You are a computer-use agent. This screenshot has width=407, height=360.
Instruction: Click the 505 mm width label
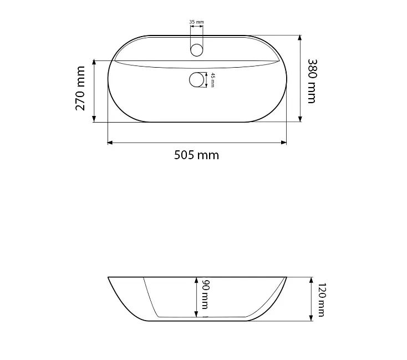pyautogui.click(x=196, y=155)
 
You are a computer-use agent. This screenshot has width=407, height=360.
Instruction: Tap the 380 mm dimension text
pyautogui.click(x=312, y=81)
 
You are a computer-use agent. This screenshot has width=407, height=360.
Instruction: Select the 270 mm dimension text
pyautogui.click(x=80, y=88)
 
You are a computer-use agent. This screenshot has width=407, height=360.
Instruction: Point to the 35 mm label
pyautogui.click(x=196, y=22)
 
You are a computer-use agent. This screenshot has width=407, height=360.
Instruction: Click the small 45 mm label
pyautogui.click(x=212, y=80)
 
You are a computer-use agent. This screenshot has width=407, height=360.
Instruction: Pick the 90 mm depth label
pyautogui.click(x=205, y=295)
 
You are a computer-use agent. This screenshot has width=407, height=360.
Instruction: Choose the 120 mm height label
pyautogui.click(x=322, y=300)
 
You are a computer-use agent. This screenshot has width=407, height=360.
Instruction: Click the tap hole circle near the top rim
pyautogui.click(x=196, y=50)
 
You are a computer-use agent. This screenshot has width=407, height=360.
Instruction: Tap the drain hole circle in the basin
pyautogui.click(x=196, y=80)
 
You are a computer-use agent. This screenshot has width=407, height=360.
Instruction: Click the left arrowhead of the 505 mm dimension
pyautogui.click(x=110, y=143)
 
